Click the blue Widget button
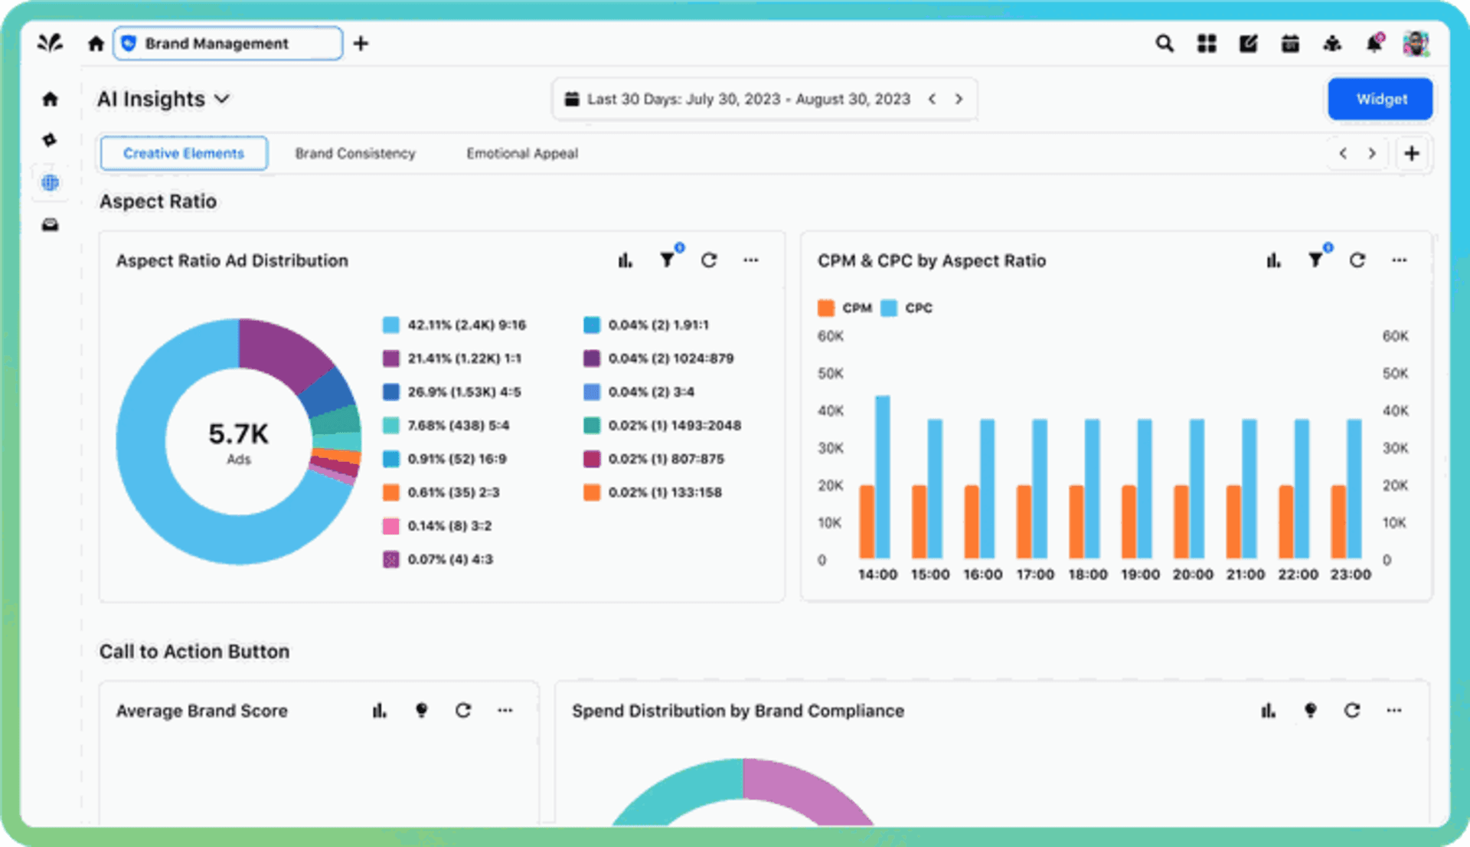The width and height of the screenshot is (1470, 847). pyautogui.click(x=1380, y=99)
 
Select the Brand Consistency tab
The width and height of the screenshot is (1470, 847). pyautogui.click(x=355, y=153)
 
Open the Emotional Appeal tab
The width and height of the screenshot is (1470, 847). pyautogui.click(x=522, y=153)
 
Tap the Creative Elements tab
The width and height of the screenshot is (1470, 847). pyautogui.click(x=184, y=153)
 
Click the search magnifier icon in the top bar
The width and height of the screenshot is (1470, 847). pyautogui.click(x=1165, y=44)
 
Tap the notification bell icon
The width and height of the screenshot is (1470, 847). pyautogui.click(x=1374, y=44)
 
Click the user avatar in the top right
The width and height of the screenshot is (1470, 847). pyautogui.click(x=1416, y=44)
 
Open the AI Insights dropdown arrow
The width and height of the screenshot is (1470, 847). pyautogui.click(x=222, y=99)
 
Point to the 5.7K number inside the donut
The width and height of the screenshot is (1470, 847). pyautogui.click(x=238, y=434)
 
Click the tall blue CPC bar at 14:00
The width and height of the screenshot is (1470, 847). pyautogui.click(x=883, y=475)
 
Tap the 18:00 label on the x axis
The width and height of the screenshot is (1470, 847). pyautogui.click(x=1087, y=574)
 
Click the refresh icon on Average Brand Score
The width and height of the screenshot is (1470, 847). pyautogui.click(x=463, y=711)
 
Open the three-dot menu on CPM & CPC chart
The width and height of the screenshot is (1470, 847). pyautogui.click(x=1399, y=260)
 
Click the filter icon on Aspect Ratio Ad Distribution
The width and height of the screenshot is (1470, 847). pyautogui.click(x=667, y=260)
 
